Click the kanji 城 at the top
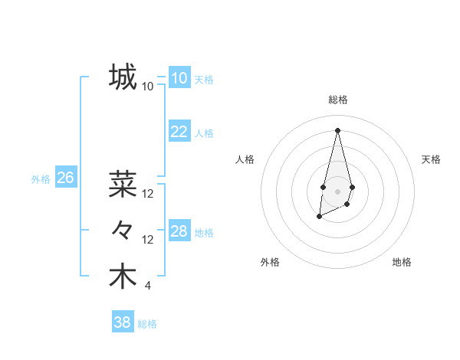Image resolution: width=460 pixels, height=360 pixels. pos(123,77)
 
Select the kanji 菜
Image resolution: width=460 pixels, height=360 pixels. pos(123,184)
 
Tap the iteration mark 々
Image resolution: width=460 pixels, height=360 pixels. pos(123,230)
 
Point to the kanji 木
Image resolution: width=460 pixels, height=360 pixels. pos(123,277)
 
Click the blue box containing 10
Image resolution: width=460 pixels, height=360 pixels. pos(179,78)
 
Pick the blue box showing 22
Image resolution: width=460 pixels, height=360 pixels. pos(179,132)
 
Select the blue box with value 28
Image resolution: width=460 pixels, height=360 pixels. pos(179,231)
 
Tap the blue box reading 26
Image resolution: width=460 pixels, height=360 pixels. pos(65,178)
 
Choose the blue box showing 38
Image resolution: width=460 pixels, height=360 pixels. pos(123,322)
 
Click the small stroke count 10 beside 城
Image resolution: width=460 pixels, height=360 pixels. pos(147,87)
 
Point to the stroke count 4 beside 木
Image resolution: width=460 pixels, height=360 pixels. pos(147,286)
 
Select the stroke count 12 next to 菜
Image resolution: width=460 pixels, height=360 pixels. pos(148,194)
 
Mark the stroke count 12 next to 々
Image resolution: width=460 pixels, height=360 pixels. pos(148,240)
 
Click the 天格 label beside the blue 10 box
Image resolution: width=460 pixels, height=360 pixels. pos(203,80)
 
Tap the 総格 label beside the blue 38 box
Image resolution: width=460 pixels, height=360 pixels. pos(147,324)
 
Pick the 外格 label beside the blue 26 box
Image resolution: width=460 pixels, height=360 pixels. pos(41,179)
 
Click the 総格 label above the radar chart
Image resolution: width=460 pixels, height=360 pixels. pos(337,100)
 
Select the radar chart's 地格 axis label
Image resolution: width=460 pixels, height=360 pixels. pos(402,262)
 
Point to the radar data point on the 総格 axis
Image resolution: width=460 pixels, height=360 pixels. pos(337,129)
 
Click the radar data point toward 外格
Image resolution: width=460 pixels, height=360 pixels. pos(319,217)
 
